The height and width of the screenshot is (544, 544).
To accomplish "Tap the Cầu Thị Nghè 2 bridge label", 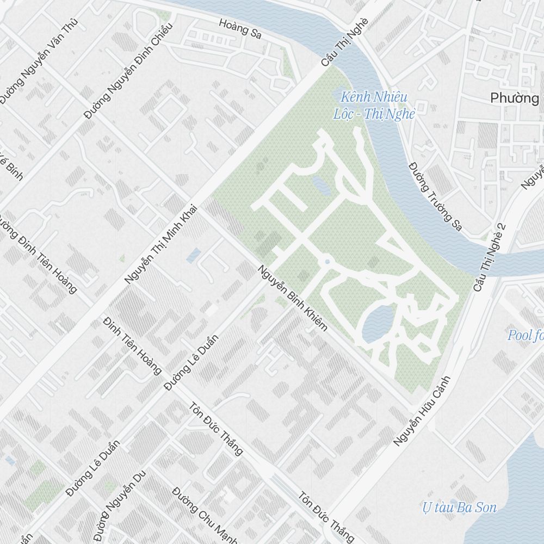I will point(489,256).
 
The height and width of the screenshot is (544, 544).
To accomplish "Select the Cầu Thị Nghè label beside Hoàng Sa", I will point(344,42).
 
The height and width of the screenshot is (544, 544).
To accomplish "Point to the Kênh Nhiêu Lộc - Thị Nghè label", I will point(374,106).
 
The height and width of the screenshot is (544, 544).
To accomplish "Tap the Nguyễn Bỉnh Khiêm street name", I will point(293,298).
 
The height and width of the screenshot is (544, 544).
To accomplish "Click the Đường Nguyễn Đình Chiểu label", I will point(128,70).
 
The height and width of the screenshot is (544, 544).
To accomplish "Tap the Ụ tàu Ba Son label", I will point(460,508).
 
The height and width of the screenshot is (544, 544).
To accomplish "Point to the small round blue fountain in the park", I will point(327,262).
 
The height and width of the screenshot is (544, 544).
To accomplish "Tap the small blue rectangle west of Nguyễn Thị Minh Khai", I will point(193,255).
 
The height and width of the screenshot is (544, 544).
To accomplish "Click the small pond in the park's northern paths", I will point(321,186).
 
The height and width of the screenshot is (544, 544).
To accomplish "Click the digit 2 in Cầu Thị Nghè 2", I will point(502,227).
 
